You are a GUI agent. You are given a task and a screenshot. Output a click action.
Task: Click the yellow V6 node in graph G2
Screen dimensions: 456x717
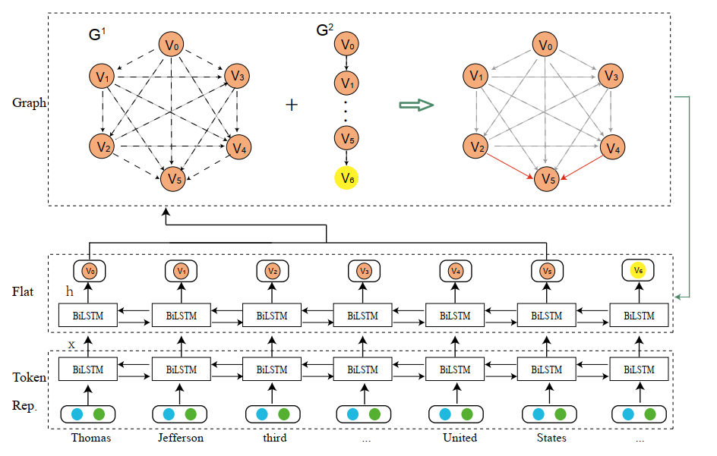(x=346, y=178)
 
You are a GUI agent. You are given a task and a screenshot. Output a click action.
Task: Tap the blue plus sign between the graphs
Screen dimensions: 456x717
(x=292, y=104)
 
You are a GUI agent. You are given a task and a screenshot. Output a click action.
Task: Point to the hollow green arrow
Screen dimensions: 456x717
(x=416, y=104)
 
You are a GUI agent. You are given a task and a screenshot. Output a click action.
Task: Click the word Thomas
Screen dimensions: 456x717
(x=90, y=438)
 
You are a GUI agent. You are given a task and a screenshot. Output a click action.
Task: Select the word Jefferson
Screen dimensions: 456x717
(x=181, y=438)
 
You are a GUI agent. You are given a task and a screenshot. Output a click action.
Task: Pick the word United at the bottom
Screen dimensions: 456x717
(x=460, y=438)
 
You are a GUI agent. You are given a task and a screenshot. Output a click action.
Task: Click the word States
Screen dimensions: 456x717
(x=551, y=438)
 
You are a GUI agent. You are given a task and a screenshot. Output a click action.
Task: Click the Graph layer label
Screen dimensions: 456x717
(x=30, y=103)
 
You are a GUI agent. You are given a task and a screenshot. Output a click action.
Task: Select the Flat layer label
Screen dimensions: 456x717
(x=23, y=291)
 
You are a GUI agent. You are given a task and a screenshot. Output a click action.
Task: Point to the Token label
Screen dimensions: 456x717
(x=29, y=377)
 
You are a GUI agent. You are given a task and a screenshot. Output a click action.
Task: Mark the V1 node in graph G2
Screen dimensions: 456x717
(x=346, y=82)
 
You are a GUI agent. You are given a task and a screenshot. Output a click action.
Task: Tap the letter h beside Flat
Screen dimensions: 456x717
(x=69, y=291)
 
